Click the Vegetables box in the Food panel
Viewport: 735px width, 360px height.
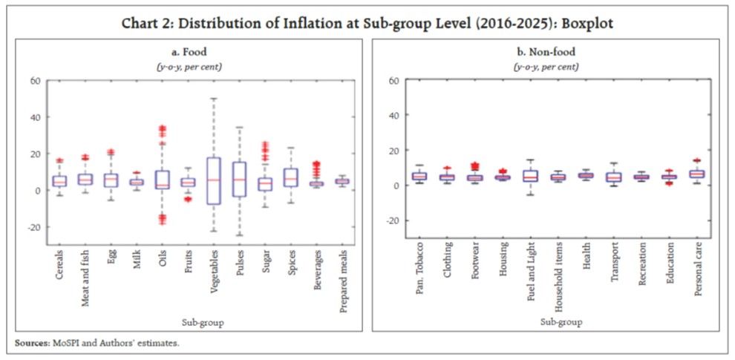pos(214,180)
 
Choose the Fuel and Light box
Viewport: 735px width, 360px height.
pos(530,176)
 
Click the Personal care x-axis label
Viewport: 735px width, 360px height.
pos(699,272)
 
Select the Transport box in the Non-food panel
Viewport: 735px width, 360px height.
pos(614,177)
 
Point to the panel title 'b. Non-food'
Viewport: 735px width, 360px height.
pos(546,52)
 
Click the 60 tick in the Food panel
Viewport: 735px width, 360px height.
pos(33,80)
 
